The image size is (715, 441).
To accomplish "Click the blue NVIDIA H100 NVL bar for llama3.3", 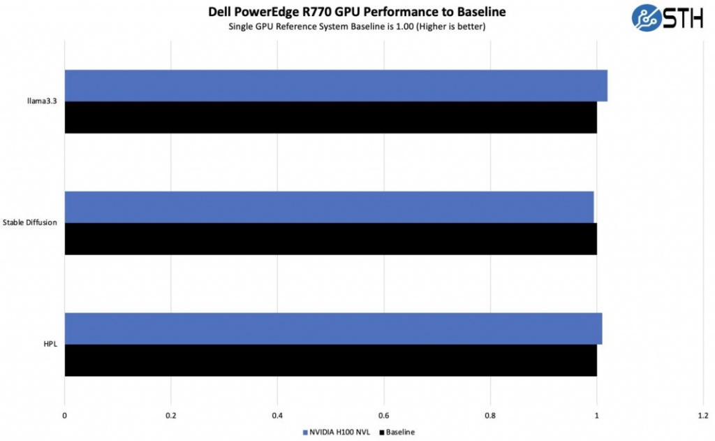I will pyautogui.click(x=335, y=85).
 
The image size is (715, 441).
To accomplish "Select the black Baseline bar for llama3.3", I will pyautogui.click(x=330, y=117).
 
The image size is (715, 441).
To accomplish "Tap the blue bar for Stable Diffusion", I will pyautogui.click(x=329, y=207).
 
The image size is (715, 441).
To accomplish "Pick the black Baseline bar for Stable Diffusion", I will pyautogui.click(x=330, y=239).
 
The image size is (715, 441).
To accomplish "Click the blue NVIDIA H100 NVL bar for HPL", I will pyautogui.click(x=333, y=328).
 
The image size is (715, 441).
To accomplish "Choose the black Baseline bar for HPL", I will pyautogui.click(x=330, y=361).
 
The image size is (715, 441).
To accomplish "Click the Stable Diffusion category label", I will pyautogui.click(x=30, y=223).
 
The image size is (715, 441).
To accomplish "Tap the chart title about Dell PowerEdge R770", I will pyautogui.click(x=357, y=12).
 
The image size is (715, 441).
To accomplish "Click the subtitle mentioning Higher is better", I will pyautogui.click(x=357, y=27).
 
